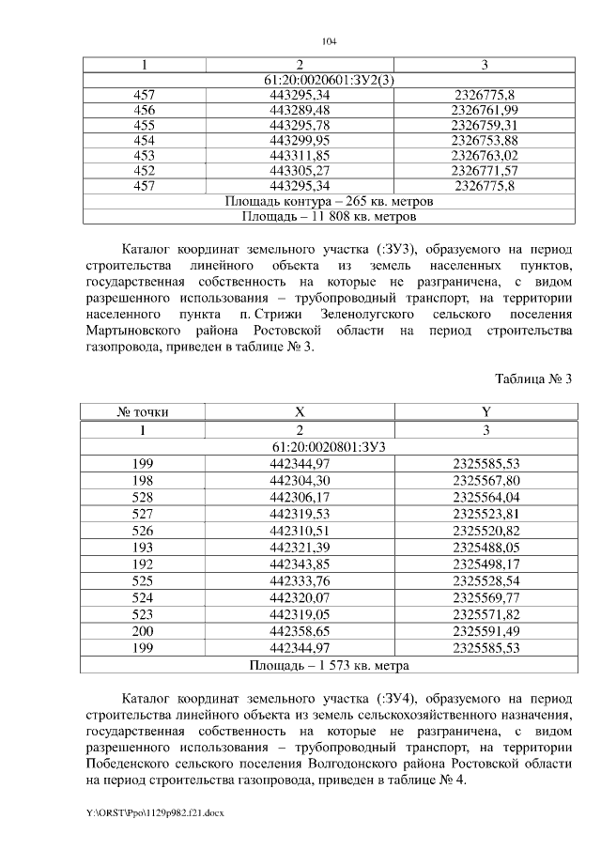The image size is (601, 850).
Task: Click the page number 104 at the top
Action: (328, 41)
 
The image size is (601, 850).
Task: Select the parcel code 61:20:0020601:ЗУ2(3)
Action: (328, 80)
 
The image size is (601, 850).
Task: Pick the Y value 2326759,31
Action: (485, 125)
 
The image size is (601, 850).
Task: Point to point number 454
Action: (145, 140)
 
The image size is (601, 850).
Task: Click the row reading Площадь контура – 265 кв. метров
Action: (328, 201)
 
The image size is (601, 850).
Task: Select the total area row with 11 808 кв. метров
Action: (328, 216)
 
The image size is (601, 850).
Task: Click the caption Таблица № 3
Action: (532, 379)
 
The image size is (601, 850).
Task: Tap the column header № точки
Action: (145, 411)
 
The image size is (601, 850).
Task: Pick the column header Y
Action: (485, 411)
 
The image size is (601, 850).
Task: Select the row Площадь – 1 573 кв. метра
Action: (328, 665)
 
